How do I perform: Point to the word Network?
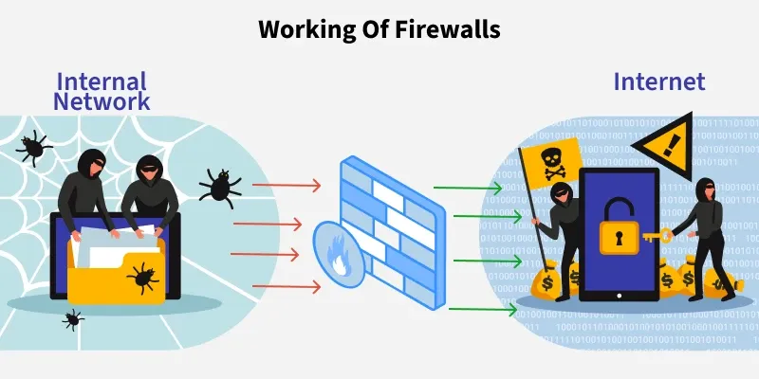coord(102,99)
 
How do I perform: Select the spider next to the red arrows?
coord(220,186)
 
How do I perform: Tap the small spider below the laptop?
coord(72,318)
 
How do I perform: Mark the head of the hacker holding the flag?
coord(559,194)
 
